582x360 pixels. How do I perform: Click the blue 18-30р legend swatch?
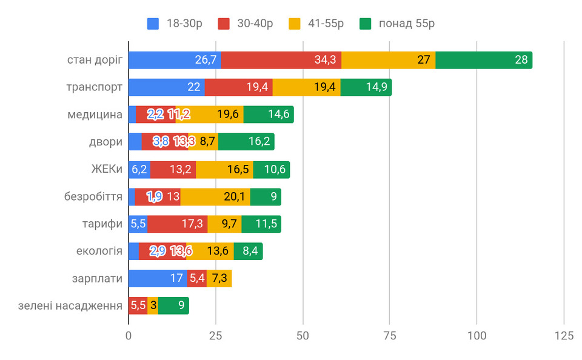(x=153, y=24)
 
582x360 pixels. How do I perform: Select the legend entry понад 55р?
(x=407, y=24)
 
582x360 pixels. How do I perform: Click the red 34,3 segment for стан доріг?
(x=281, y=60)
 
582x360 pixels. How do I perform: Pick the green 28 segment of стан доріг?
(x=484, y=60)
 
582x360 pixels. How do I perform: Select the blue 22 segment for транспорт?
(x=166, y=87)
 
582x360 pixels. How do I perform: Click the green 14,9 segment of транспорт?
(x=366, y=87)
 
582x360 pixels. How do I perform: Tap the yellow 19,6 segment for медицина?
(x=209, y=115)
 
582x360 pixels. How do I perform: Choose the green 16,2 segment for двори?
(x=246, y=142)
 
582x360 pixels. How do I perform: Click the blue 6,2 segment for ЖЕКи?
(x=139, y=170)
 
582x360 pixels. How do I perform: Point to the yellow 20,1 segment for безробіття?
(x=215, y=197)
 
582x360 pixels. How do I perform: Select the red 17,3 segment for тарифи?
(x=177, y=224)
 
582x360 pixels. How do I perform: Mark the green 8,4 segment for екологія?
(x=248, y=252)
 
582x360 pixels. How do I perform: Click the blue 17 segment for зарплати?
(x=158, y=279)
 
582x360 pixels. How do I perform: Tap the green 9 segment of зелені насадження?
(x=173, y=306)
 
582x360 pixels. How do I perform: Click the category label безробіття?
(x=93, y=197)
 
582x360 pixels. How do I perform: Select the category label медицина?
(x=95, y=115)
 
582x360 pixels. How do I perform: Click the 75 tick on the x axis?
(x=390, y=336)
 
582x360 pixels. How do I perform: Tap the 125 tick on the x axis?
(x=564, y=336)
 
